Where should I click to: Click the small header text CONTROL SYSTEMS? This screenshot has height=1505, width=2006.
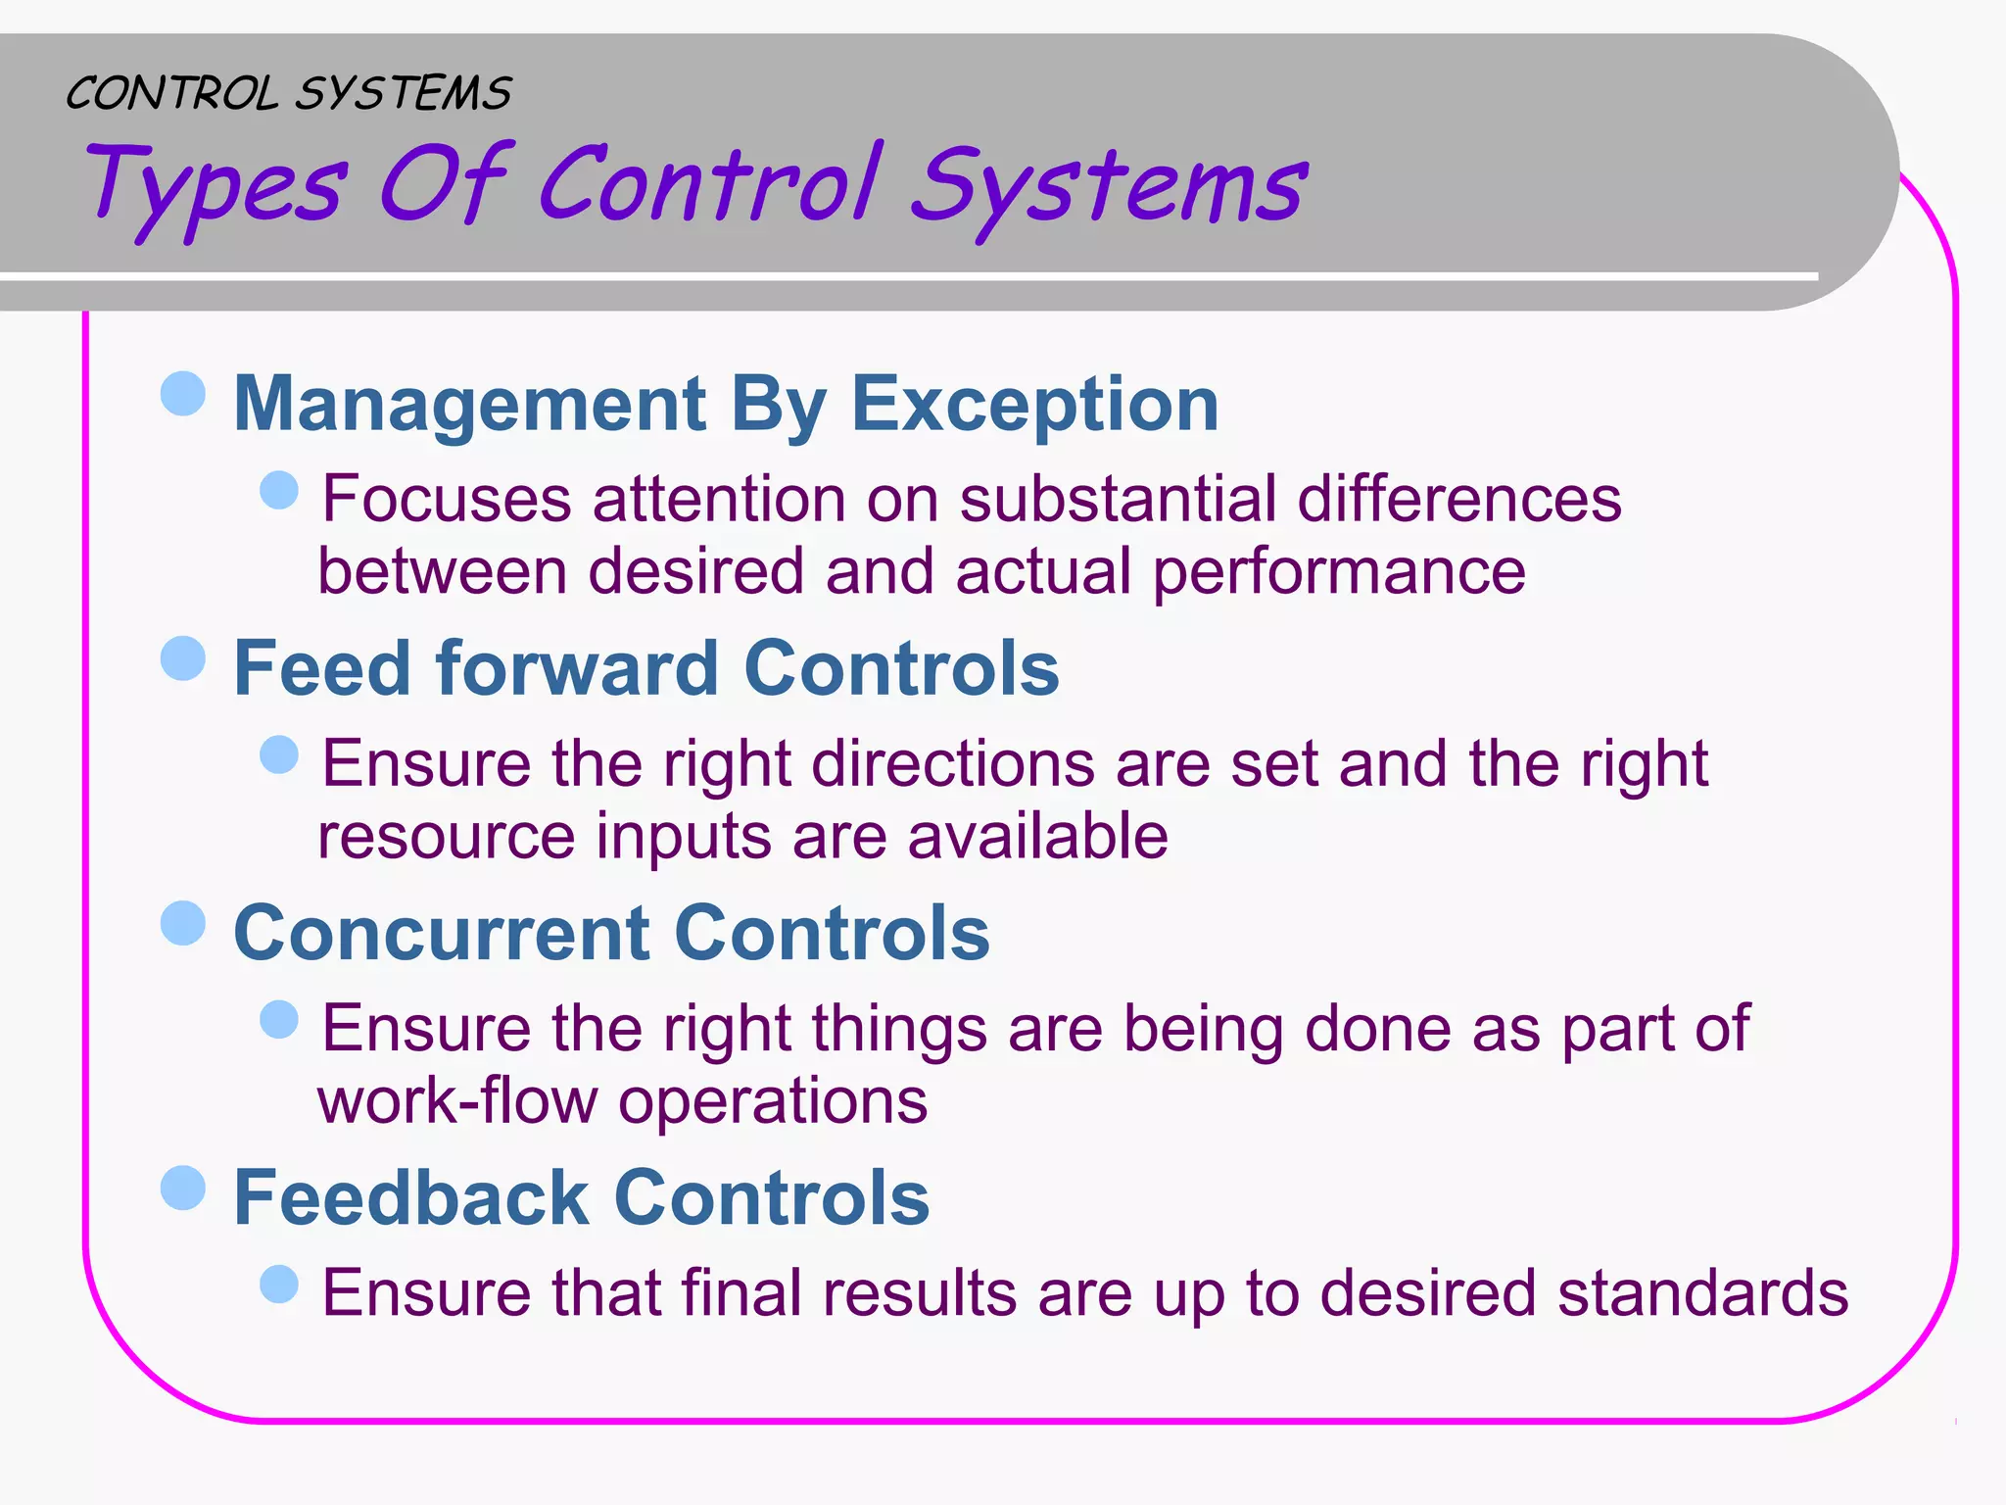tap(288, 94)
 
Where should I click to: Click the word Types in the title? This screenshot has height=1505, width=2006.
tap(215, 186)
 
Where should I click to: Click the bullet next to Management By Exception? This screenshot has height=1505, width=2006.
tap(183, 394)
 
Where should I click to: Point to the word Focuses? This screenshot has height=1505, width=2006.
tap(446, 499)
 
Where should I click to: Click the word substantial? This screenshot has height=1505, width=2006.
tap(1118, 499)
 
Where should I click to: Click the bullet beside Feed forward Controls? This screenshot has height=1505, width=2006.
tap(183, 658)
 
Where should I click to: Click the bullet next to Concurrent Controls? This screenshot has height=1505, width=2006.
tap(183, 923)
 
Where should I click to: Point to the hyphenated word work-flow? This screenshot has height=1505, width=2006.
tap(456, 1100)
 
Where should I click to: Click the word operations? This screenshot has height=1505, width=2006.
tap(773, 1102)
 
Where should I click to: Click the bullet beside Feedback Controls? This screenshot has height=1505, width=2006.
tap(183, 1188)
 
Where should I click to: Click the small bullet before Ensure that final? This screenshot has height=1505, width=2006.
tap(279, 1284)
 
